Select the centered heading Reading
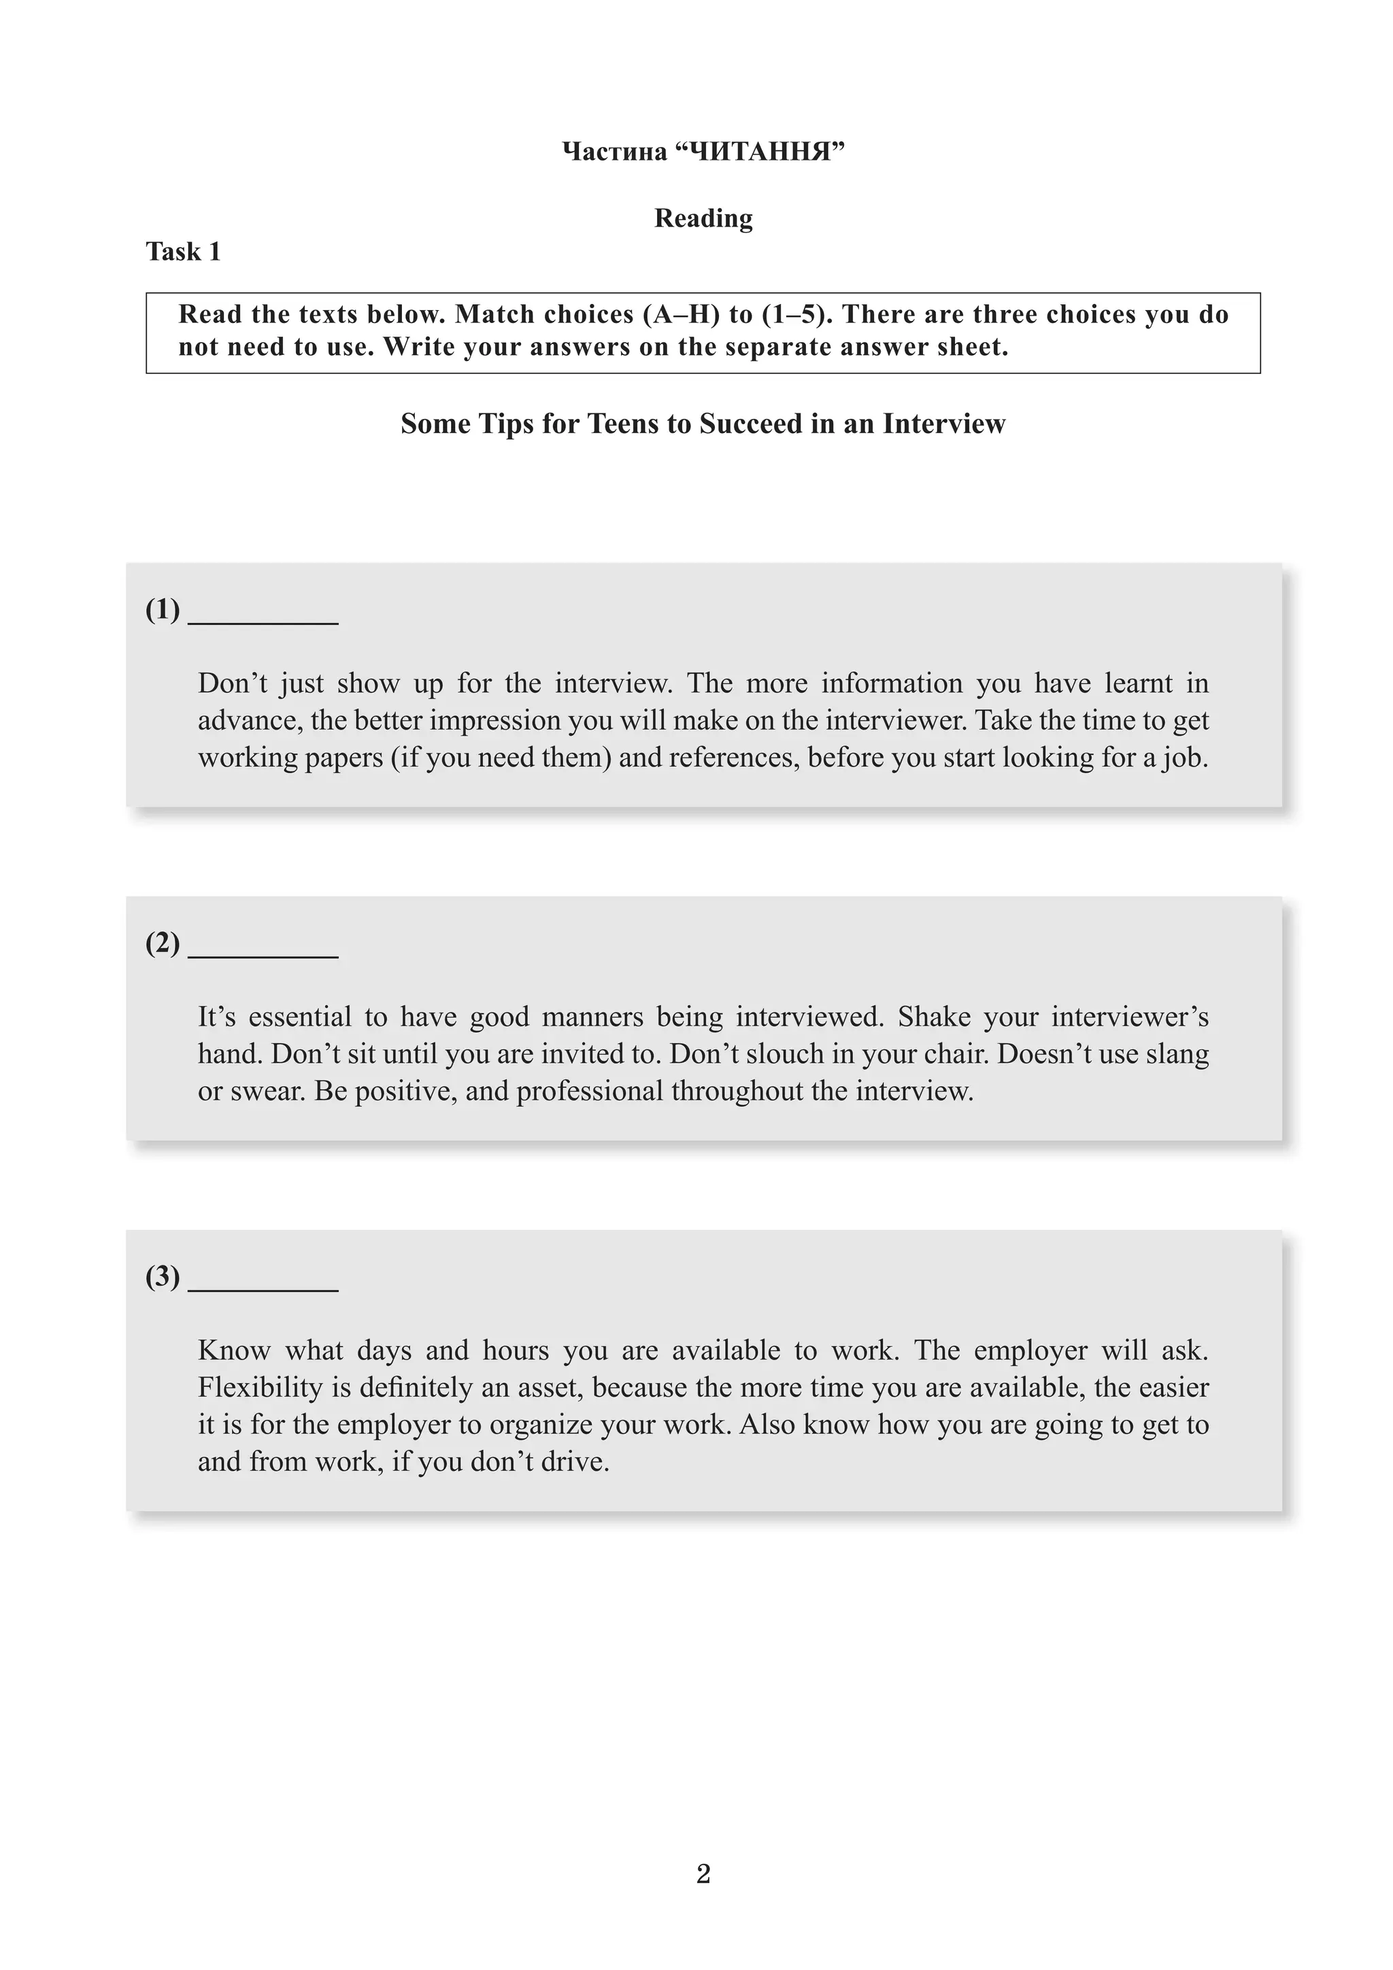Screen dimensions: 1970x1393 [x=703, y=218]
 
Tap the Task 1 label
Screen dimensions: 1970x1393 [x=183, y=252]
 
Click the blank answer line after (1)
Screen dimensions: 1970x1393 [x=263, y=616]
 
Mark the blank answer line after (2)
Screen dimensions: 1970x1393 [x=263, y=949]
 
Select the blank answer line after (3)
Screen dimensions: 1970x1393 [x=263, y=1282]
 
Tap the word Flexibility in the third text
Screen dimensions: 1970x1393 [x=260, y=1387]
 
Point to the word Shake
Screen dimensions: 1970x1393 [x=934, y=1017]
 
